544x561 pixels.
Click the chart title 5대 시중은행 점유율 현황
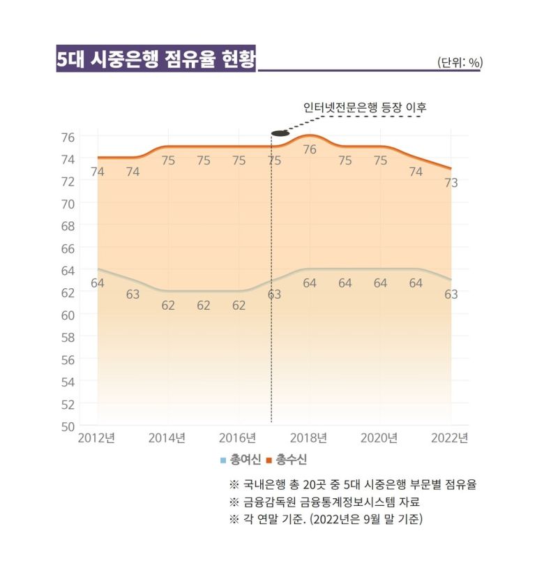(156, 59)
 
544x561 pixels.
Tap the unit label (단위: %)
(460, 63)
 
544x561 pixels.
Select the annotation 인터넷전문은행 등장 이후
(364, 107)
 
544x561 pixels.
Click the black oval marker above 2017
(280, 132)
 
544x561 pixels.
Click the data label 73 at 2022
(451, 183)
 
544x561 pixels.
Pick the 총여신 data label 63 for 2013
(133, 294)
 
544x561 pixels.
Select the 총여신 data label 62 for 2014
(168, 305)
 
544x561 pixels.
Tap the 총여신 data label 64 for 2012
(97, 283)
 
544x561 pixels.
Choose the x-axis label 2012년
(97, 438)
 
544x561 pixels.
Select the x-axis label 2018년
(309, 438)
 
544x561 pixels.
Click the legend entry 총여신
(245, 459)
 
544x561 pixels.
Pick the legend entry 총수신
(286, 459)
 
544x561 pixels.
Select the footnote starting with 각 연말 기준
(326, 519)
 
